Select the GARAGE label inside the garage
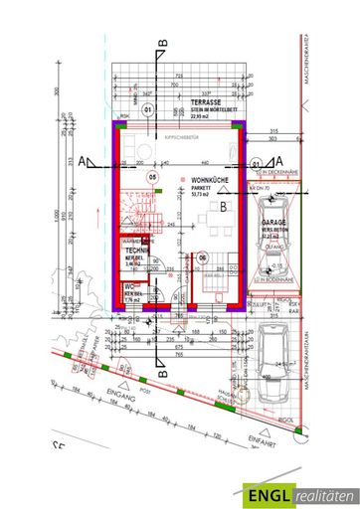point(273,224)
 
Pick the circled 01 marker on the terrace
point(147,109)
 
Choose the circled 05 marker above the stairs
point(153,177)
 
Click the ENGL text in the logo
point(270,489)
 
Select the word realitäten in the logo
point(321,489)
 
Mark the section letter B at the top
point(162,42)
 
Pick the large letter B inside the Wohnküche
point(225,207)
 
